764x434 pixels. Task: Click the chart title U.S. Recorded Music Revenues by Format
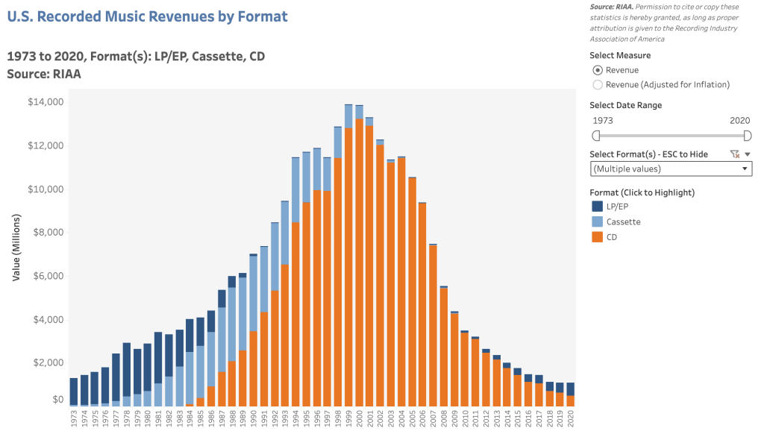click(147, 16)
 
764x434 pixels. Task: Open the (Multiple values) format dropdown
click(671, 169)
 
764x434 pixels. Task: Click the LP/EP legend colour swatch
click(597, 207)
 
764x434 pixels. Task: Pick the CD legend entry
click(611, 237)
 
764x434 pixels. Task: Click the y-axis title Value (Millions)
click(16, 247)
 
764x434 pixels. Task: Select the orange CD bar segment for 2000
click(359, 261)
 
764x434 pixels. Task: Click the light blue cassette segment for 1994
click(295, 189)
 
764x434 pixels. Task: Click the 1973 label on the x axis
click(74, 418)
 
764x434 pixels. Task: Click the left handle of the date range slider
click(595, 135)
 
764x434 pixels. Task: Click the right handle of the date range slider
click(748, 135)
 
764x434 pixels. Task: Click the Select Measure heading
click(619, 55)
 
